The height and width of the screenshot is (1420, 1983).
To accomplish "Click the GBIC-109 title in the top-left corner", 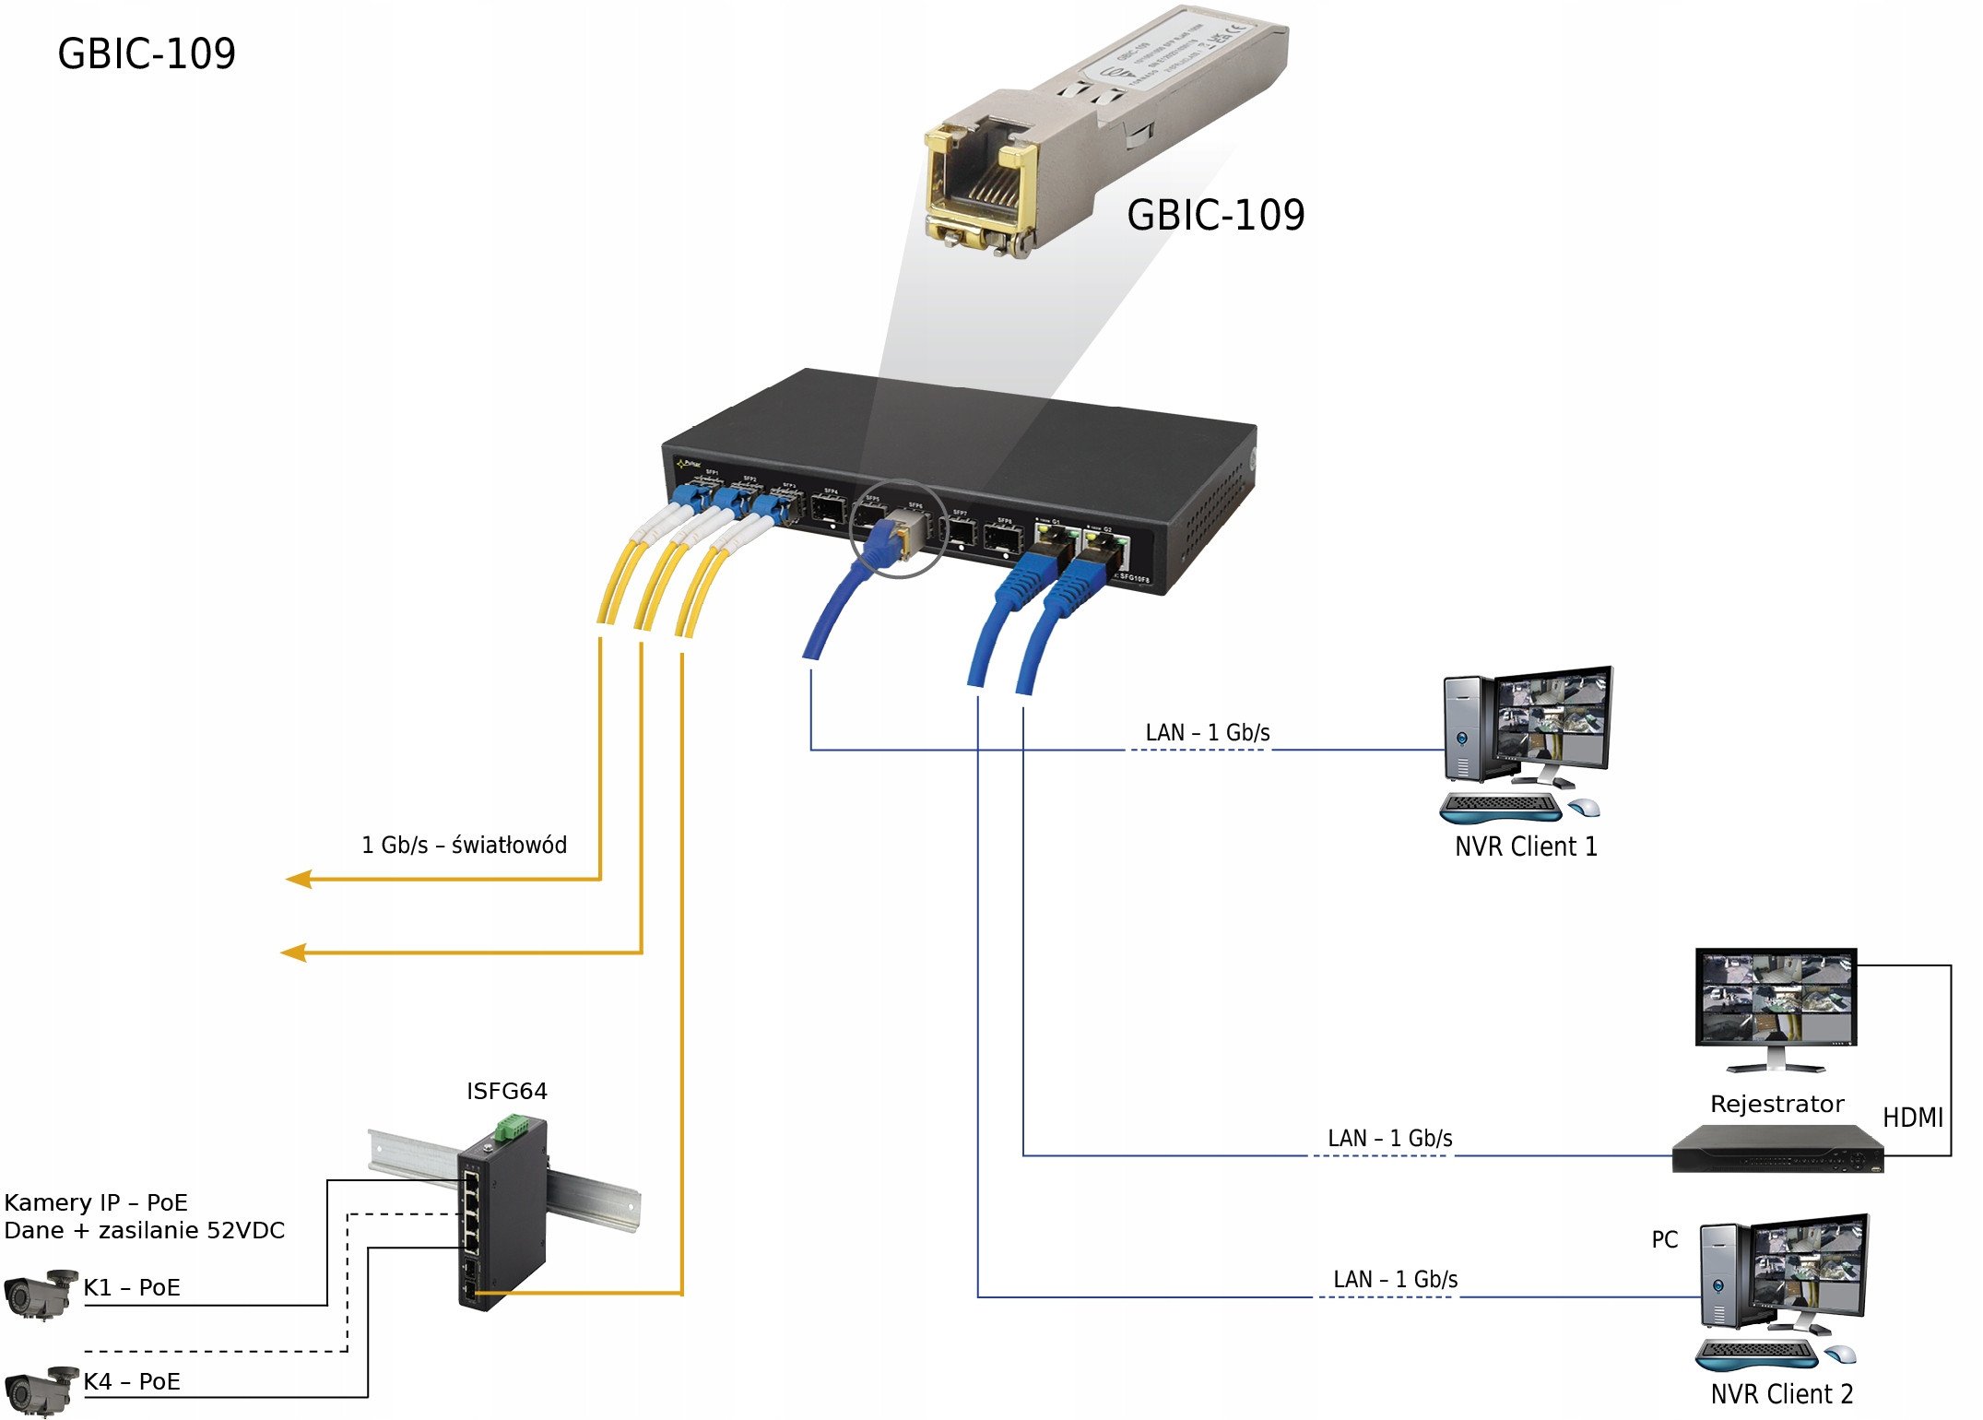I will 147,53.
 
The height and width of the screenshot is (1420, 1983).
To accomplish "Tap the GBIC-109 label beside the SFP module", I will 1215,216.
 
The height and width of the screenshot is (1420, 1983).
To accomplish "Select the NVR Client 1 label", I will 1525,846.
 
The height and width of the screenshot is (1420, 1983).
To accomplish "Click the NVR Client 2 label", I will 1781,1393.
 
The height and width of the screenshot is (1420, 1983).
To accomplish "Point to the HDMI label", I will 1912,1118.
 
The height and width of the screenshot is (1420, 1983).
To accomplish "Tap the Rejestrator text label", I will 1776,1104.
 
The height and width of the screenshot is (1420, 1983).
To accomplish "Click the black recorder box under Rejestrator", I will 1776,1150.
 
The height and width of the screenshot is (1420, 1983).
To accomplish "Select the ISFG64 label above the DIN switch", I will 506,1091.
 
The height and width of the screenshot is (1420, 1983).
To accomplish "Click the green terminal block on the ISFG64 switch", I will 510,1127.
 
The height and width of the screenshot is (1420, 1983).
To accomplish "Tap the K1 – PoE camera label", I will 131,1287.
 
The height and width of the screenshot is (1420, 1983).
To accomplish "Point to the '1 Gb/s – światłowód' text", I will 464,845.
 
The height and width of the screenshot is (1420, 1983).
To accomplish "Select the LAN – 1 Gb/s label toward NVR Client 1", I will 1207,733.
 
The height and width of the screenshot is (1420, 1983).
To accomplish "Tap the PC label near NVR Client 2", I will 1664,1239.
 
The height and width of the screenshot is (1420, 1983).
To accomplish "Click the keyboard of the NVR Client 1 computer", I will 1500,806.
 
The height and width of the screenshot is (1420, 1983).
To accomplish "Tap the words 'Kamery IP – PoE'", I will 96,1202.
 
